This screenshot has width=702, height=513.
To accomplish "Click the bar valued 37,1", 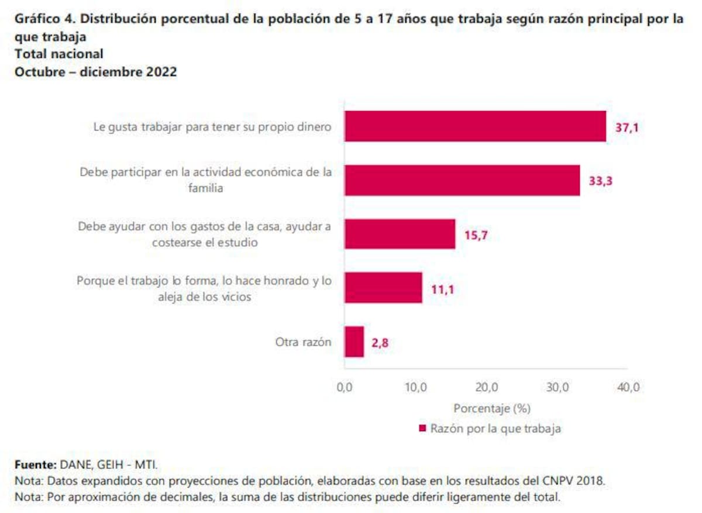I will [475, 126].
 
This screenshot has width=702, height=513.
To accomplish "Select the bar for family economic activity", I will [462, 180].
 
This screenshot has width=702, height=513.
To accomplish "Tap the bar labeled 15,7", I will [400, 234].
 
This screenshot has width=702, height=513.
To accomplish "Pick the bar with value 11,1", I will [383, 287].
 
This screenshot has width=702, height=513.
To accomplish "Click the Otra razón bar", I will [354, 342].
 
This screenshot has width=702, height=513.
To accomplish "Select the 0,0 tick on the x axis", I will [345, 387].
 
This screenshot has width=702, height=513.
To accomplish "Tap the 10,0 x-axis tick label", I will [415, 387].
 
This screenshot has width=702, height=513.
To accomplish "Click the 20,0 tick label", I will [486, 387].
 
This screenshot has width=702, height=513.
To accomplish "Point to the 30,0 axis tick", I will [557, 387].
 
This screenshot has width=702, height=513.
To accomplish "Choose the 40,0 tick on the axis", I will [628, 387].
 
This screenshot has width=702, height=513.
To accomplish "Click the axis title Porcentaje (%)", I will [491, 408].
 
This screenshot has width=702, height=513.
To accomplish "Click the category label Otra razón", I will [303, 342].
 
